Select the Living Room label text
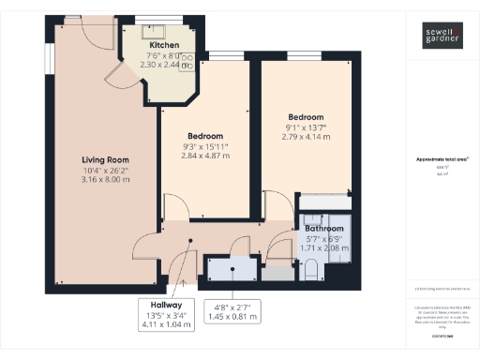(103, 159)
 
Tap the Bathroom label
(323, 229)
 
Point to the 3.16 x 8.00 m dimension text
(103, 180)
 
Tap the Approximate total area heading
(441, 159)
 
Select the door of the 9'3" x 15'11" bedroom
(174, 208)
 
